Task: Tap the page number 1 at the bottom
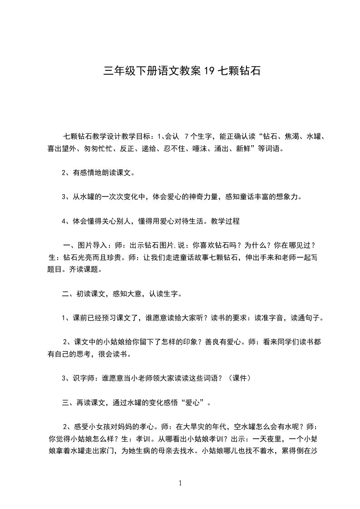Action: (180, 483)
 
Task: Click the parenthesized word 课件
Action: (239, 377)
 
